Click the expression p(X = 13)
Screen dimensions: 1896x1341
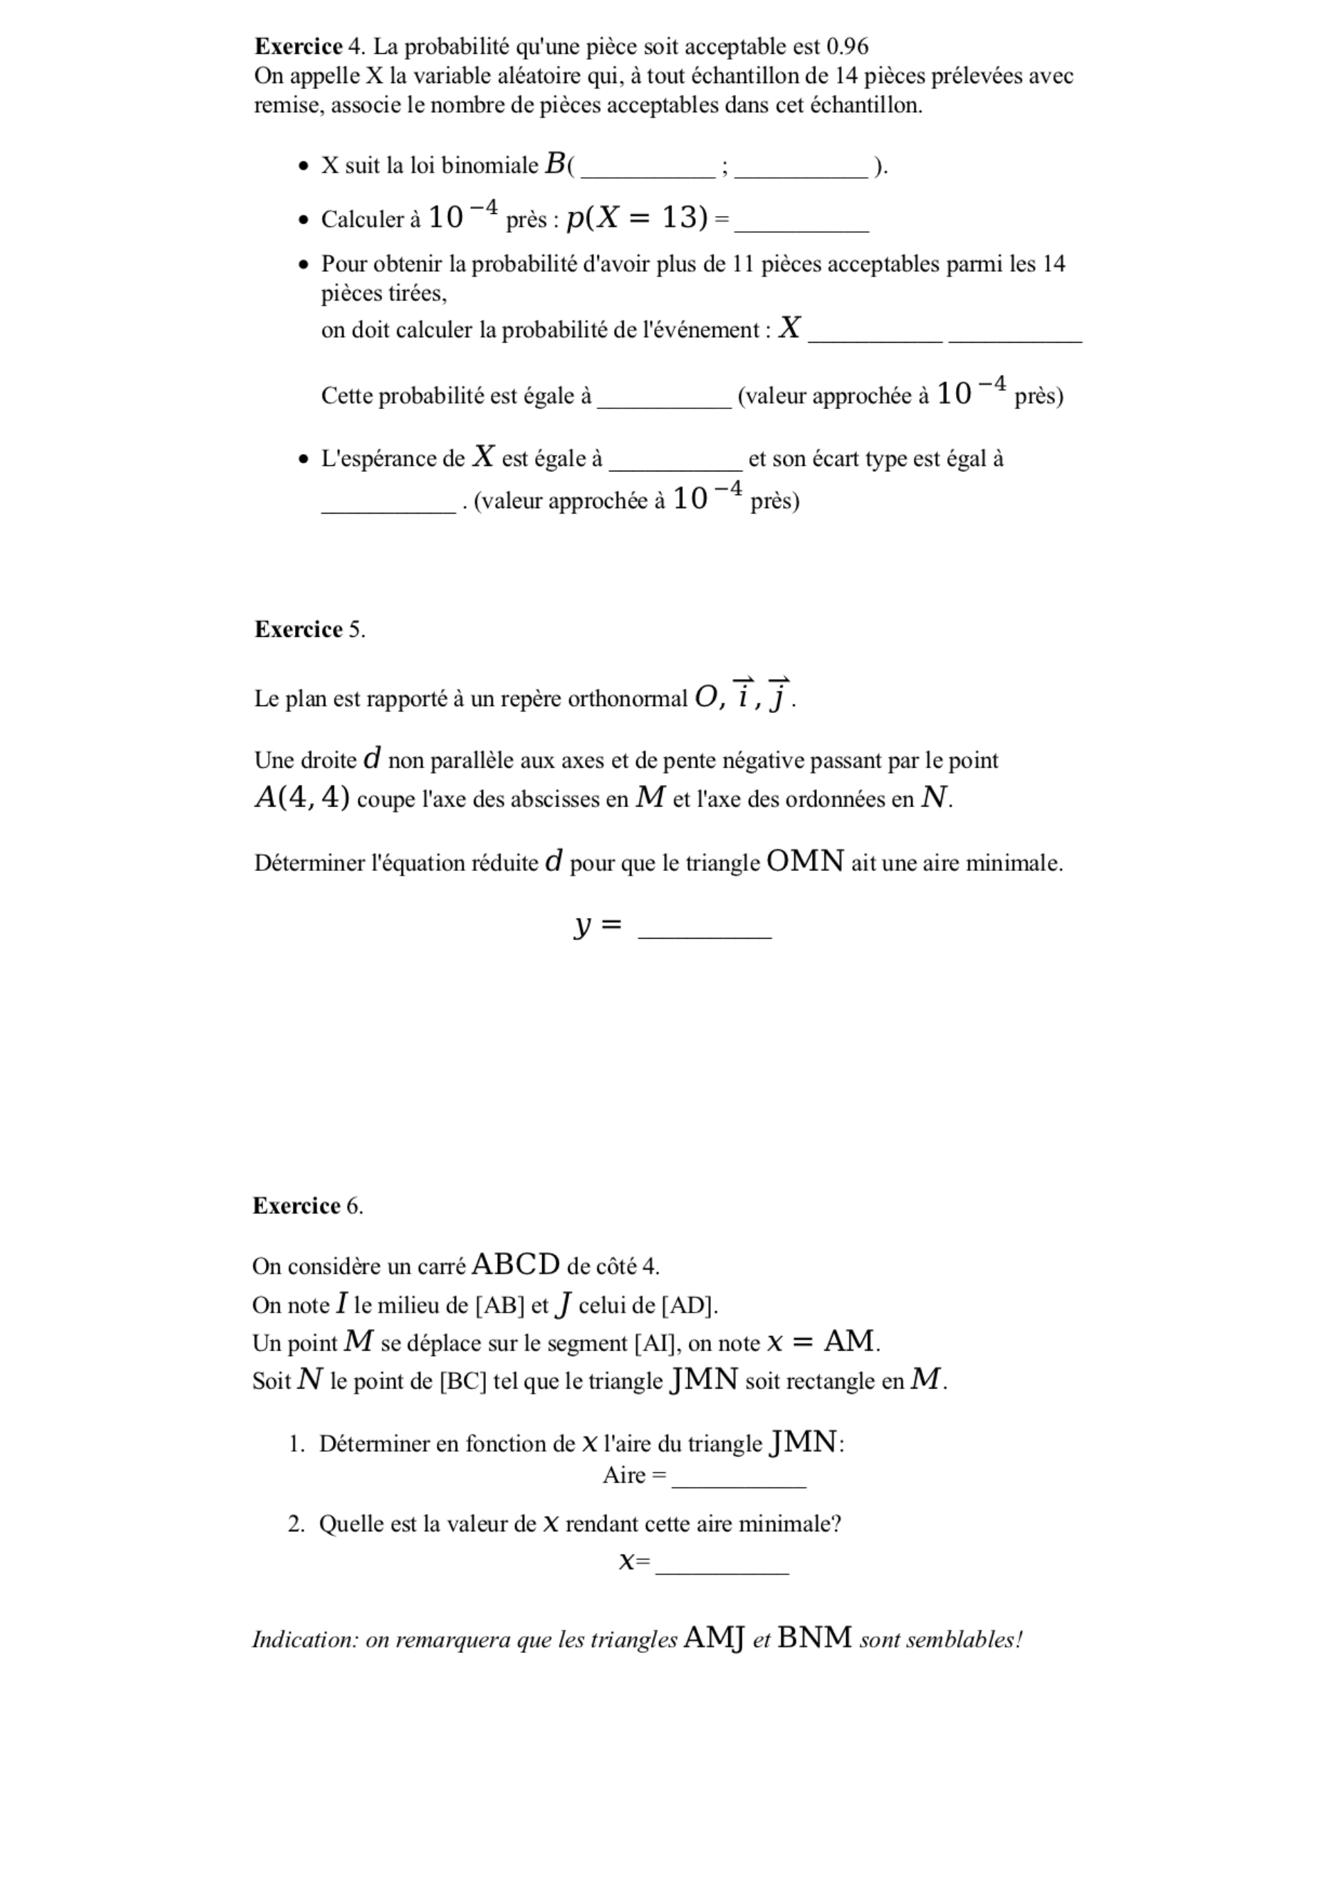tap(638, 218)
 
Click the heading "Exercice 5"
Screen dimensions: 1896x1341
tap(309, 630)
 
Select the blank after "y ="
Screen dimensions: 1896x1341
tap(705, 930)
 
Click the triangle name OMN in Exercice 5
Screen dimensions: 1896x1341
tap(805, 862)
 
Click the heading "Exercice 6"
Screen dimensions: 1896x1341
tap(307, 1207)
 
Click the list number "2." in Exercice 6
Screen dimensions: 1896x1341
tap(297, 1524)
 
